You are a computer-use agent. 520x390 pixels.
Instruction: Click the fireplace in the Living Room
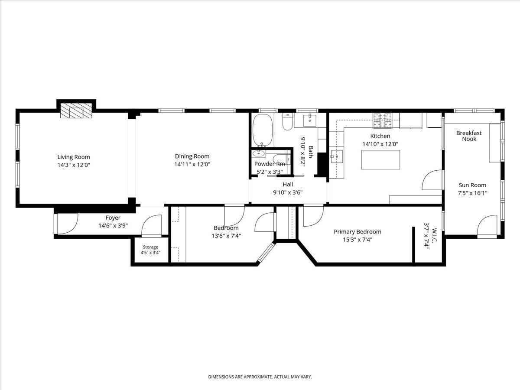pos(76,110)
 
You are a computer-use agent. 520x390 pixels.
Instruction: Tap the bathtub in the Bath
pos(263,130)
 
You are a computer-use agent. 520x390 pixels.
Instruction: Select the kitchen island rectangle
pos(380,159)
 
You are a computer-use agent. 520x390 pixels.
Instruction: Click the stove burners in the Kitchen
pos(382,121)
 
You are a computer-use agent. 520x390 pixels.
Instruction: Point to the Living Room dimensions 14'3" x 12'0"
pos(74,165)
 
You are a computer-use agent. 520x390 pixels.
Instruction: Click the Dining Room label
pos(192,156)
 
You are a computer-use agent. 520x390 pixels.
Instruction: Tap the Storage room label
pos(150,247)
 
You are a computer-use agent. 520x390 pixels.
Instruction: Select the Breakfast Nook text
pos(469,136)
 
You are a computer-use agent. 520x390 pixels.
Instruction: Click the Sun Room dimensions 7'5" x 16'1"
pos(472,193)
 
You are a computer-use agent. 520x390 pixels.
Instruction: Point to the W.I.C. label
pos(434,235)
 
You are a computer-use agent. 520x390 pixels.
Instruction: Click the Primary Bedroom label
pos(357,232)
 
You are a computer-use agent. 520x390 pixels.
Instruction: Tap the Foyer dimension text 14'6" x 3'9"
pos(113,226)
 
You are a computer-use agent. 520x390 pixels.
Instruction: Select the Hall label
pos(288,184)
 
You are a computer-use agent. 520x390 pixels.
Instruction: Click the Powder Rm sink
pos(258,153)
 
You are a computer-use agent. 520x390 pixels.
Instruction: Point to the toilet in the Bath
pos(288,121)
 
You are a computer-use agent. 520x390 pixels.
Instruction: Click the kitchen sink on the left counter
pos(336,156)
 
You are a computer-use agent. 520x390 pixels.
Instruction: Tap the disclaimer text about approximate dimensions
pos(260,377)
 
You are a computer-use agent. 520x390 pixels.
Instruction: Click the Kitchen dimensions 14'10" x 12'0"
pos(380,144)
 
